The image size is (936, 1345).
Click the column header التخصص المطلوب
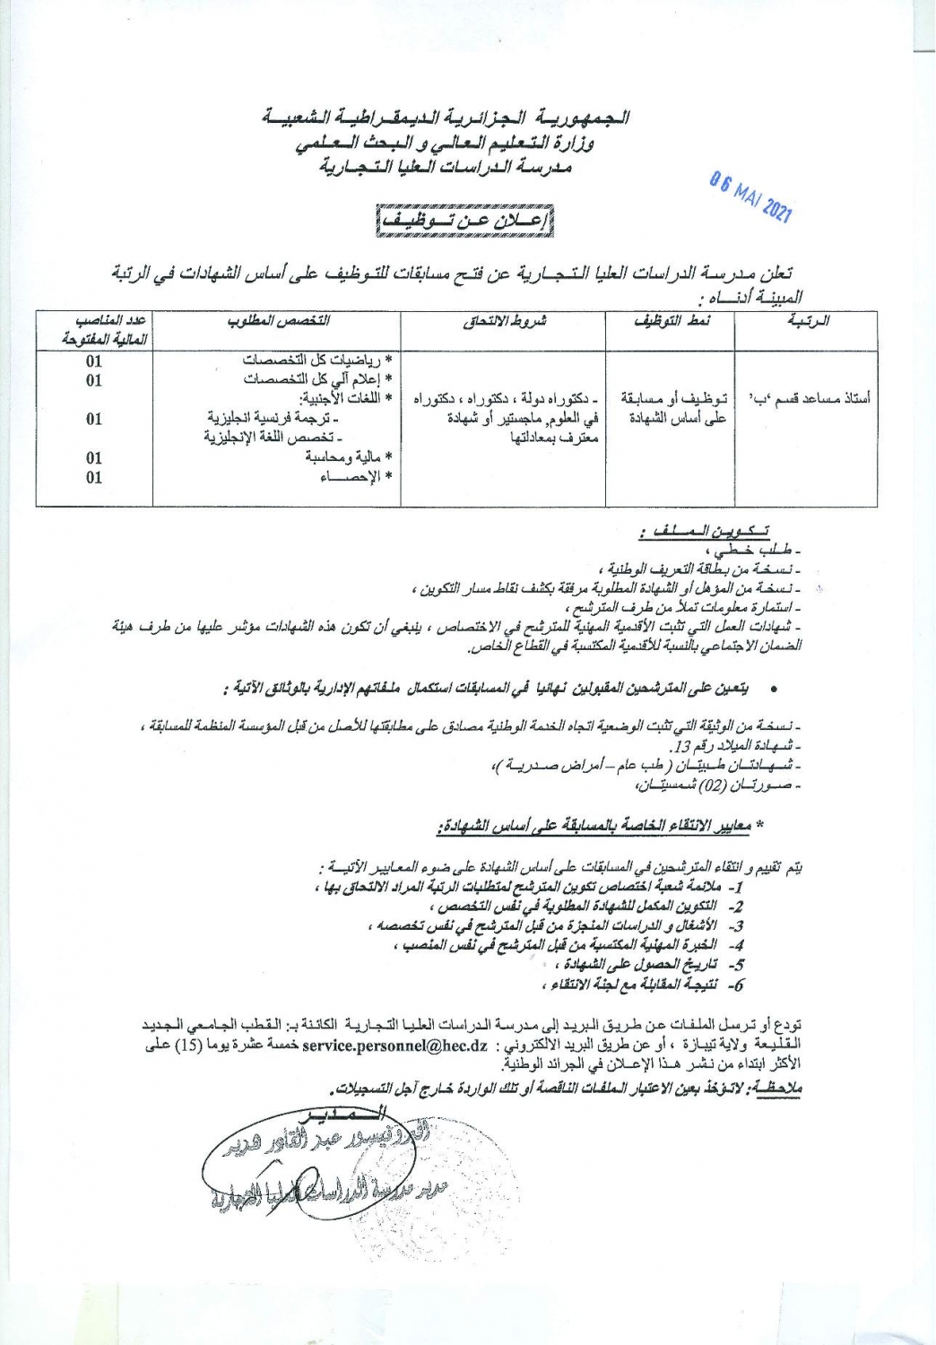tap(278, 320)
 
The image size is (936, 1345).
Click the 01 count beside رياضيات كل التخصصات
tap(94, 361)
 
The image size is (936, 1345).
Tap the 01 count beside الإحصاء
tap(94, 477)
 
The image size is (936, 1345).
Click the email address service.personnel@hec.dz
tap(395, 1046)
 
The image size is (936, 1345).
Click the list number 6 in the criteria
tap(737, 984)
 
